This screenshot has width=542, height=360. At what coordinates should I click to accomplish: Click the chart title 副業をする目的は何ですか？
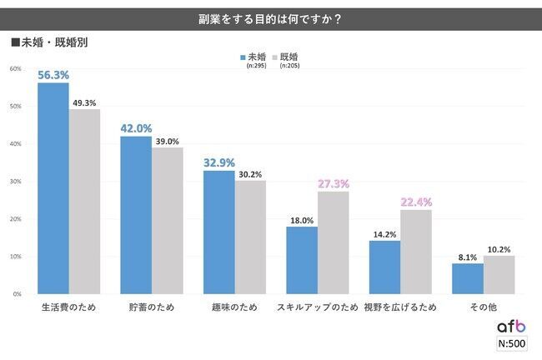click(x=272, y=16)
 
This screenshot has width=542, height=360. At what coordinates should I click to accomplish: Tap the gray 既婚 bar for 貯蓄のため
click(x=167, y=220)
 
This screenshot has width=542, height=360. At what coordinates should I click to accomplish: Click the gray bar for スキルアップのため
click(x=333, y=242)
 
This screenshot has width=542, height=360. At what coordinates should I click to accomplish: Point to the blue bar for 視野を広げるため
click(x=385, y=267)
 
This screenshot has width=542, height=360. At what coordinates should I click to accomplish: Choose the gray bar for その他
click(x=499, y=274)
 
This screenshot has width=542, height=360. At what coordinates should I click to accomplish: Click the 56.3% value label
click(x=53, y=74)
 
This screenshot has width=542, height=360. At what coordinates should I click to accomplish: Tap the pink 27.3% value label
click(x=333, y=182)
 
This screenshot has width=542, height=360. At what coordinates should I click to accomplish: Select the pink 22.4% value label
click(x=415, y=201)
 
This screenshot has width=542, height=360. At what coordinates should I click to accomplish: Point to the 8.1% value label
click(x=469, y=257)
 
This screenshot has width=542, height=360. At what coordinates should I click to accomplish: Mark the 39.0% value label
click(x=167, y=141)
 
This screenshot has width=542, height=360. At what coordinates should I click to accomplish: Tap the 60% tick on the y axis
click(x=15, y=68)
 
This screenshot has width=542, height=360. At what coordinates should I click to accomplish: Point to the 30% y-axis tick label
click(x=15, y=181)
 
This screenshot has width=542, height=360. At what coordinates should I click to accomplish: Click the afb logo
click(x=510, y=327)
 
